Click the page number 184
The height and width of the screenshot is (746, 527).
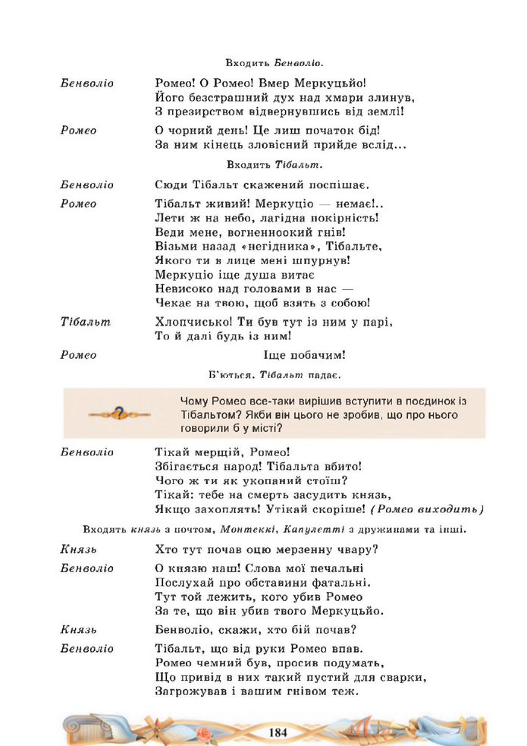(278, 732)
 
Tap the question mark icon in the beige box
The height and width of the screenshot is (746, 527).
(119, 414)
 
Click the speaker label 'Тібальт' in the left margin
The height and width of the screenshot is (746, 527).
(85, 322)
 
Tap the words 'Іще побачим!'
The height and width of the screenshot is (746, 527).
(304, 354)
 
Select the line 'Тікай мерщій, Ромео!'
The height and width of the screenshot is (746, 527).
(217, 452)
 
